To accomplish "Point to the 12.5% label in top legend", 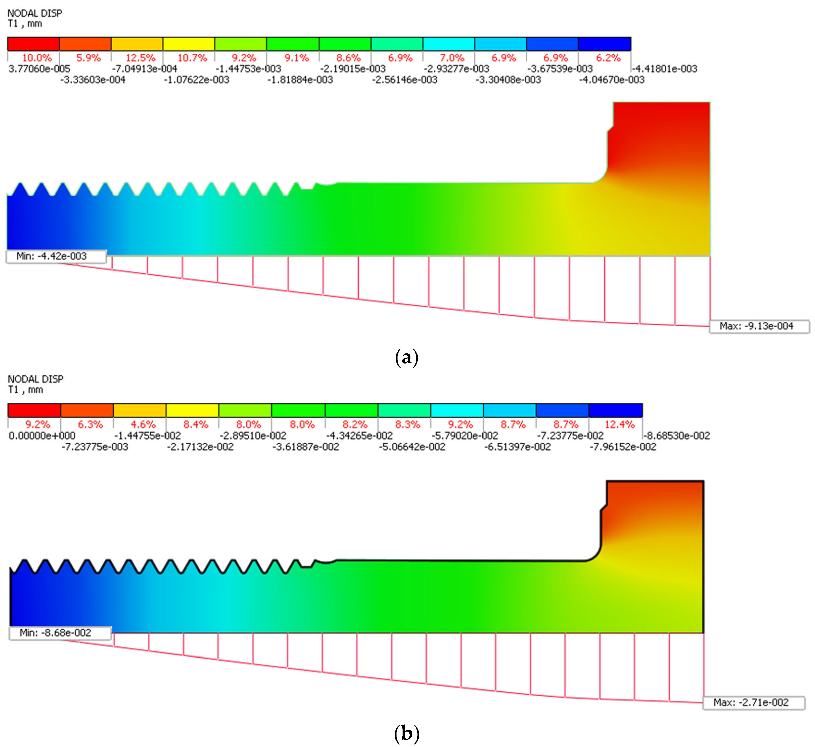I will (140, 58).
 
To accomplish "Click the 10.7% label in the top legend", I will (192, 58).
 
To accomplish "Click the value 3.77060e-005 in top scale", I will (39, 69).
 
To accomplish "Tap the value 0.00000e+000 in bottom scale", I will (42, 436).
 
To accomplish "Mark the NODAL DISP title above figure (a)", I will (35, 13).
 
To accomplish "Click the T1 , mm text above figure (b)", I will (25, 390).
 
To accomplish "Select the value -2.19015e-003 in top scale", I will (353, 69).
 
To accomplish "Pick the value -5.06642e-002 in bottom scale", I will (412, 447).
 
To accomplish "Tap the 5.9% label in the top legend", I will (88, 58).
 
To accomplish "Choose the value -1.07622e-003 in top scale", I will (196, 80).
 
